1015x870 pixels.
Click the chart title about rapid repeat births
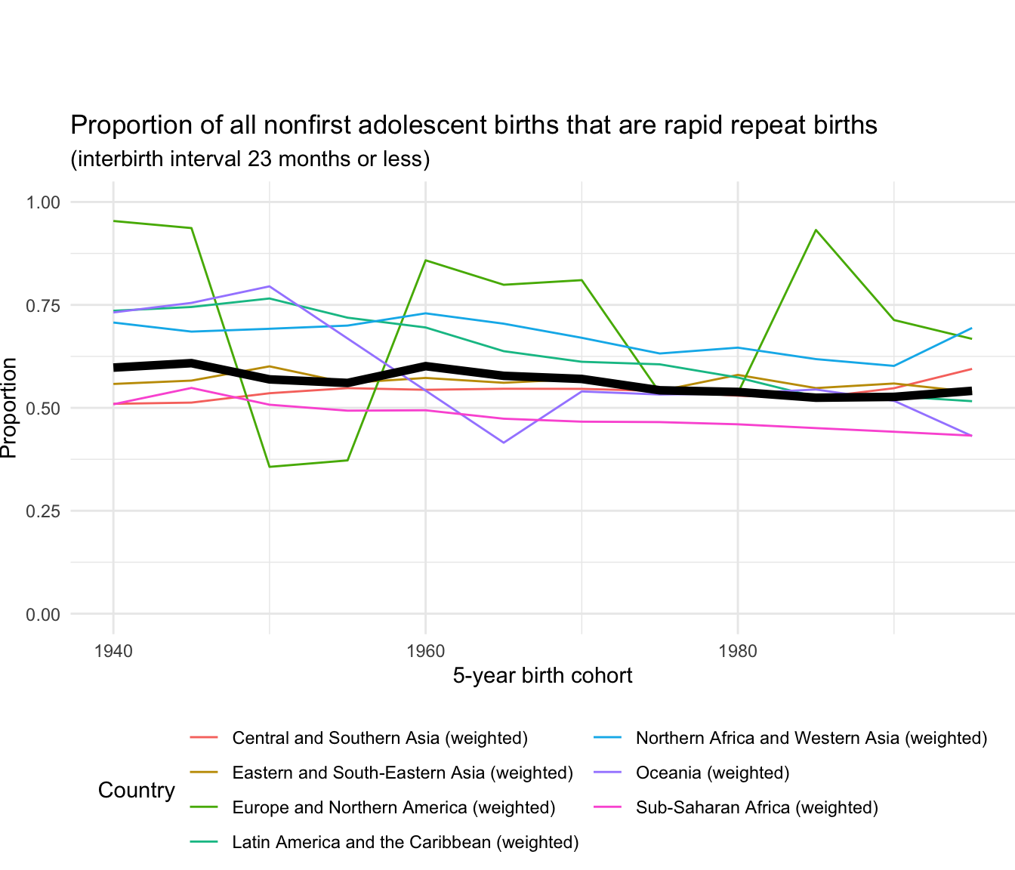474,125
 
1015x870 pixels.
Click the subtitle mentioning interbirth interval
250,159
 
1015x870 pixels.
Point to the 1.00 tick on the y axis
42,202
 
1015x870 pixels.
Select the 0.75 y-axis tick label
42,305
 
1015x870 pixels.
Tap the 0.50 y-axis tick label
42,408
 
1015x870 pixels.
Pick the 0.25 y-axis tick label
42,511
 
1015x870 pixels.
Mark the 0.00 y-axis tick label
42,615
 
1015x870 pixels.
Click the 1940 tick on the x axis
113,651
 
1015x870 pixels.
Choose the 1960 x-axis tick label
425,651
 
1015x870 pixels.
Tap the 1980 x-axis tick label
738,651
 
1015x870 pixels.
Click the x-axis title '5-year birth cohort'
542,675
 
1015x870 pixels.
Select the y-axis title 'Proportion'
9,408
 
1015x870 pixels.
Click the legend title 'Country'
137,791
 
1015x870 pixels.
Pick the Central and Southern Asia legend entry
380,738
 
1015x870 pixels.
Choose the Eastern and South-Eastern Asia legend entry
403,773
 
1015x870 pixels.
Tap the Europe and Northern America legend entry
393,807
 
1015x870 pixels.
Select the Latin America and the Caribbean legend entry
406,842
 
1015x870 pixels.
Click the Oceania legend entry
712,773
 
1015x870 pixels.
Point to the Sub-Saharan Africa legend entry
757,807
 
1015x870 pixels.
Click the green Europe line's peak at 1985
816,230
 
